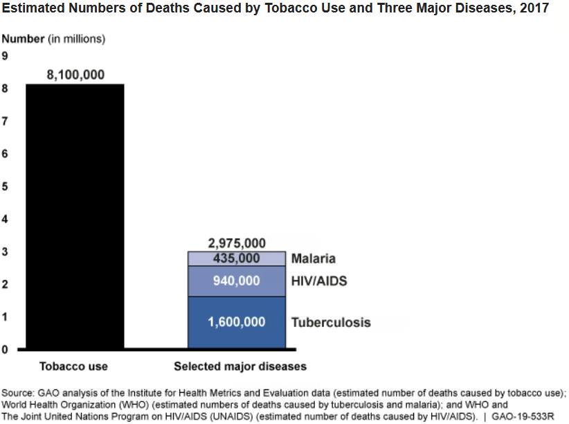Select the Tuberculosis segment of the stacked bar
click(237, 322)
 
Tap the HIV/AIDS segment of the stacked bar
click(237, 281)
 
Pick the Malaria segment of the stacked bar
click(237, 258)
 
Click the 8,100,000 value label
click(75, 75)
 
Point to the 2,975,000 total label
click(237, 243)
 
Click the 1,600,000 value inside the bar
click(237, 322)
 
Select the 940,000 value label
click(237, 281)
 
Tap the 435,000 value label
click(237, 258)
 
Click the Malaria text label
click(313, 258)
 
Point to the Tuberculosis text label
click(331, 322)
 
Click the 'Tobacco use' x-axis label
click(73, 366)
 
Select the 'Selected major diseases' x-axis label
click(240, 366)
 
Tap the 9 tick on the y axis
click(5, 56)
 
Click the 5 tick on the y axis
click(5, 186)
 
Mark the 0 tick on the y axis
click(5, 349)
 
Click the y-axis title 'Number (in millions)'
click(53, 39)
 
